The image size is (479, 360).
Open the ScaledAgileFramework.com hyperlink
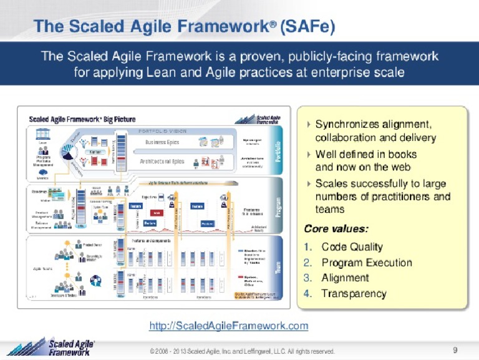pos(229,326)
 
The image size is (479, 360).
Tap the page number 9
pos(455,349)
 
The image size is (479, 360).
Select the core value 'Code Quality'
pos(352,246)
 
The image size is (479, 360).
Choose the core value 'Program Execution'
pos(366,262)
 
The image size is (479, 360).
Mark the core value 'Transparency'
pos(354,293)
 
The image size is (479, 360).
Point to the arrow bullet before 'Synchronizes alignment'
pos(308,124)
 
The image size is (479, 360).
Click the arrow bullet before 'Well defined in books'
pos(308,153)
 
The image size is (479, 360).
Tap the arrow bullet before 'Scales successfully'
pos(308,183)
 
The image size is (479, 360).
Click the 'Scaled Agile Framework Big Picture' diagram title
pos(82,119)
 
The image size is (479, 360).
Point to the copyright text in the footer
pos(242,351)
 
